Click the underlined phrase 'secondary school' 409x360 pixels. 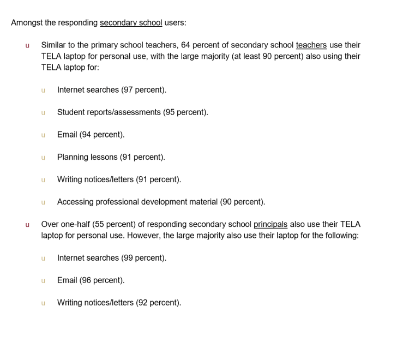(x=131, y=23)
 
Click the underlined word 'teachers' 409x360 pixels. (x=311, y=45)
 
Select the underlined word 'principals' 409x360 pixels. (x=270, y=224)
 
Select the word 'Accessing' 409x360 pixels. (x=75, y=202)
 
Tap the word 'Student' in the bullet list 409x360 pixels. (x=71, y=112)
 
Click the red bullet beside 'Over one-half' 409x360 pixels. (x=27, y=225)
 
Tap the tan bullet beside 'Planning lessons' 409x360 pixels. (x=43, y=158)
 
